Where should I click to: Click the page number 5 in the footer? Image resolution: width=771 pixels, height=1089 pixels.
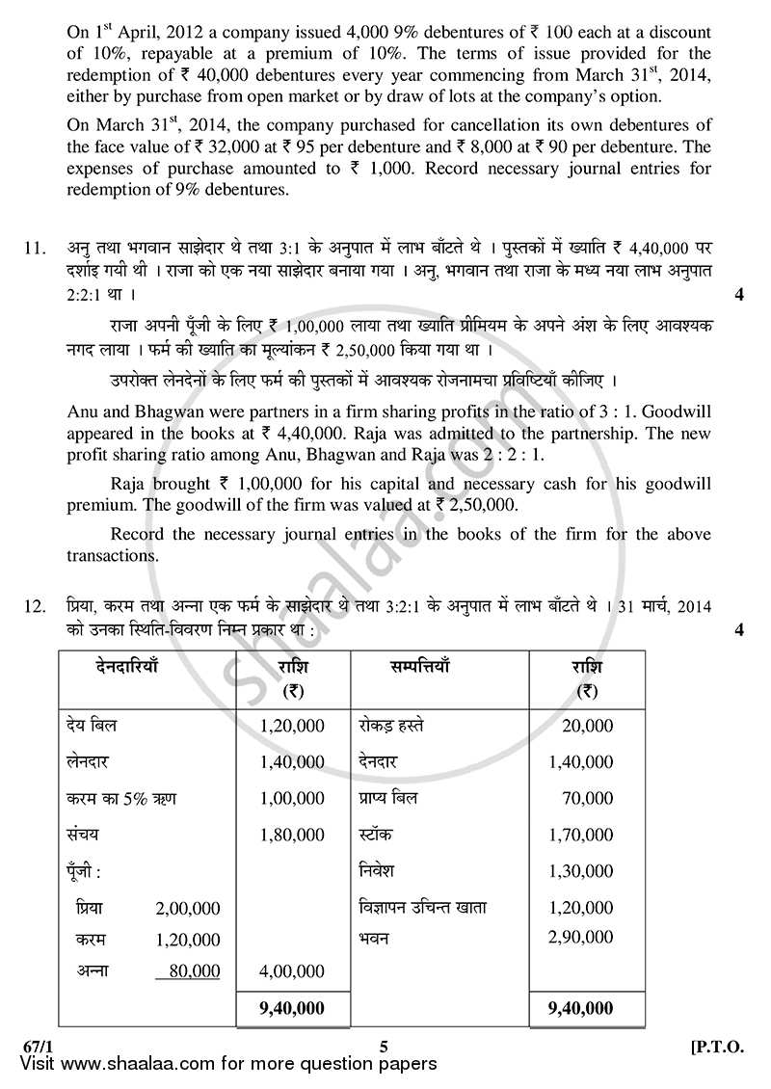pos(383,1046)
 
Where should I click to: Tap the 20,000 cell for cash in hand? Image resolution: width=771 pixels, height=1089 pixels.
pos(587,726)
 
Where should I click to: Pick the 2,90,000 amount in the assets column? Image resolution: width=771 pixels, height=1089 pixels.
pos(580,936)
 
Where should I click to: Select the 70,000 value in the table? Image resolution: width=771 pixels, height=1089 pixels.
pos(587,798)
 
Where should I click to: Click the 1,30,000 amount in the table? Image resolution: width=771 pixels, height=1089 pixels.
pos(580,871)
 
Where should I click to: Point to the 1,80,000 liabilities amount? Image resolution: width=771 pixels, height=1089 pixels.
pos(292,835)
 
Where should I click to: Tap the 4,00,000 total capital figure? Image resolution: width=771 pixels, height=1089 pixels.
pos(292,971)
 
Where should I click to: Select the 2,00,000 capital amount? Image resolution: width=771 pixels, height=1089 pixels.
pos(188,908)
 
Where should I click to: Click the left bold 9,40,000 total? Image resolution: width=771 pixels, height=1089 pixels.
pos(292,1008)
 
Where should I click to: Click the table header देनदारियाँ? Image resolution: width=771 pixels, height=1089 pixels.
pos(127,666)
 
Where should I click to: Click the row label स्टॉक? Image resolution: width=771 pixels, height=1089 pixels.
pos(374,835)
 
